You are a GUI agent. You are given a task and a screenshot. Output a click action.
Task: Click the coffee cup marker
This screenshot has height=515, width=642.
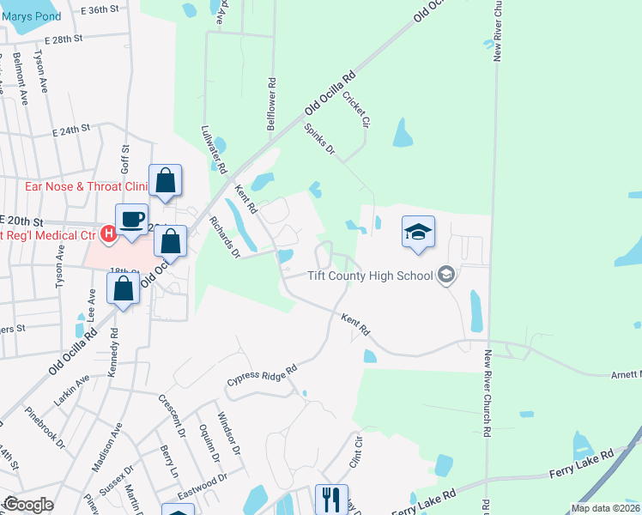click(131, 219)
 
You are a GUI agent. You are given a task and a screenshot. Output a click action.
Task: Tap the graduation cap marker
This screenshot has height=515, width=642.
click(418, 232)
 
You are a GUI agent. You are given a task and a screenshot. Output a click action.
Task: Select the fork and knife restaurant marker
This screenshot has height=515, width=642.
click(330, 499)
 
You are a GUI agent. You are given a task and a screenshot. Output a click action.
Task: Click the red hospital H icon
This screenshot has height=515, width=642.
click(109, 233)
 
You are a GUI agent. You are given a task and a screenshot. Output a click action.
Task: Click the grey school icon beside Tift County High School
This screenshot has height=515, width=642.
click(445, 275)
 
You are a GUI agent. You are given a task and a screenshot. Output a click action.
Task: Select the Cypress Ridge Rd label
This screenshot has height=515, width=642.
click(262, 374)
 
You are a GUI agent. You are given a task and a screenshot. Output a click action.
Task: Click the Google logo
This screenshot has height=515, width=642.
click(28, 505)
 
